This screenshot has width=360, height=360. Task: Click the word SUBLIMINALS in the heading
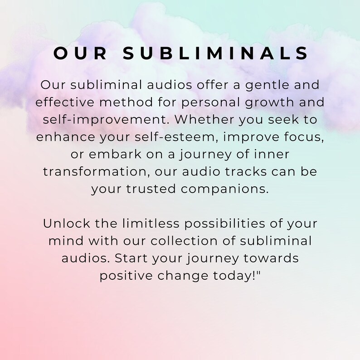(x=216, y=54)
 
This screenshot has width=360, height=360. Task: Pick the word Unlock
(x=63, y=224)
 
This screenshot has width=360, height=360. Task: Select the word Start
(x=131, y=258)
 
